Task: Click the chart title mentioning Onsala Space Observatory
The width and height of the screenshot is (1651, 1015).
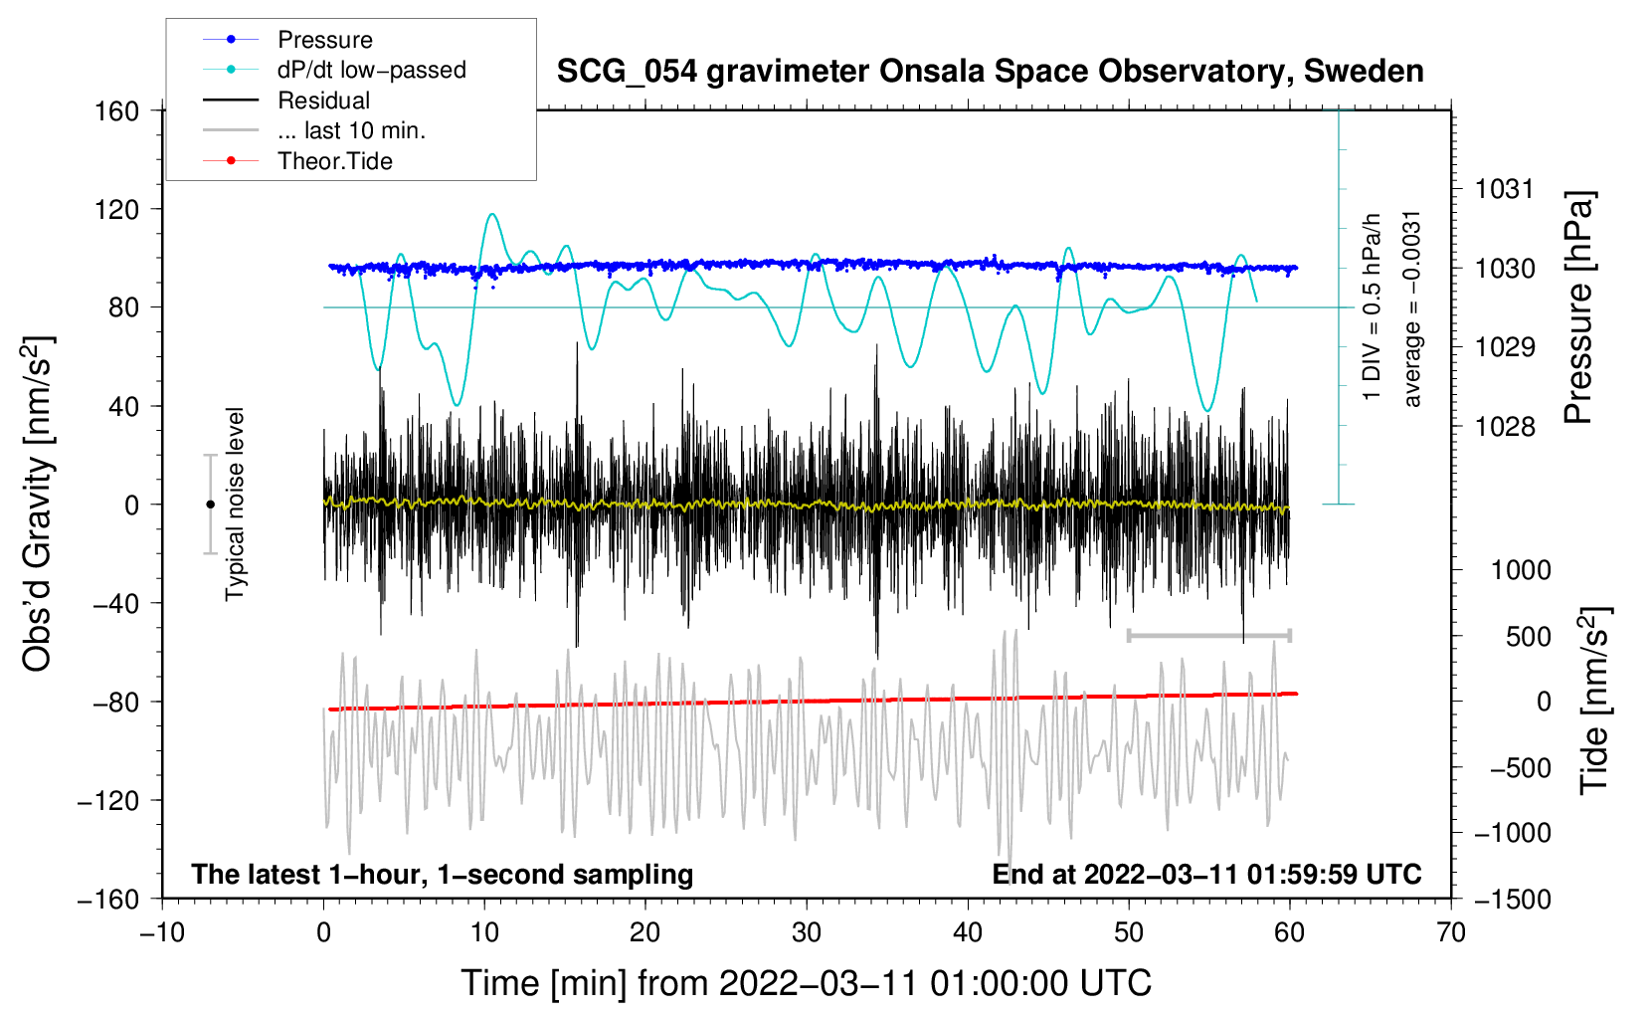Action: pos(990,72)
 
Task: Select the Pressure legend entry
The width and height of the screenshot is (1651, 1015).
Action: pos(324,40)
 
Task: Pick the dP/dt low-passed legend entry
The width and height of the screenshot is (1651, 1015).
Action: pos(371,70)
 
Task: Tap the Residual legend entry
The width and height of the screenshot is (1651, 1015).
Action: pos(323,101)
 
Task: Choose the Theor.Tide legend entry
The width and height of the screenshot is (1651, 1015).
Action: pos(334,161)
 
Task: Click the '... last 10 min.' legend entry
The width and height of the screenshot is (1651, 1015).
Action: pos(351,130)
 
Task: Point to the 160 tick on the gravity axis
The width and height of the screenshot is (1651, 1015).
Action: pos(117,110)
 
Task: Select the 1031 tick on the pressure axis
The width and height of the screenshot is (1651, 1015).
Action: pos(1505,189)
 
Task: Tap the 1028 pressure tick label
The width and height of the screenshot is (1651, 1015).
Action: pos(1505,427)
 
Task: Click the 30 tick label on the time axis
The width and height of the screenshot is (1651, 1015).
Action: pos(807,932)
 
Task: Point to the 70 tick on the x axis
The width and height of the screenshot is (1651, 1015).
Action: pos(1451,932)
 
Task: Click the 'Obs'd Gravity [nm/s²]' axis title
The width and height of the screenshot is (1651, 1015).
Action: pos(38,504)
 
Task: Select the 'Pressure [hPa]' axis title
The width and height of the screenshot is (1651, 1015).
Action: pos(1578,307)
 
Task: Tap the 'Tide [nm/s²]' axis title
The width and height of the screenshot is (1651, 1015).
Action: pos(1593,701)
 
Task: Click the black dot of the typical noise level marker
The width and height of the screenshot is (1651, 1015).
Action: pos(210,505)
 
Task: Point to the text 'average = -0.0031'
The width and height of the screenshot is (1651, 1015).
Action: pos(1411,308)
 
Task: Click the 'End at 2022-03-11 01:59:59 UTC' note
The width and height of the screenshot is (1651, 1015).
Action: pos(1206,874)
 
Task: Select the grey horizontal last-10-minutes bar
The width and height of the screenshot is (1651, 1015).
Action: pos(1208,635)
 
